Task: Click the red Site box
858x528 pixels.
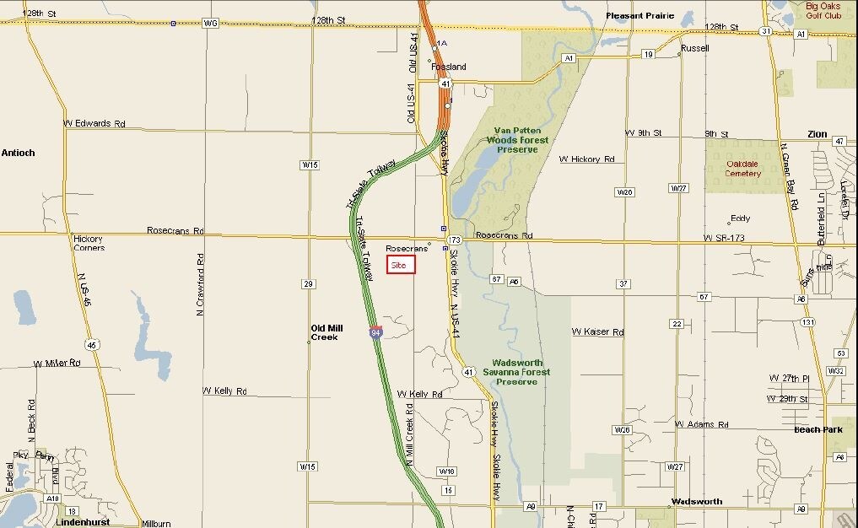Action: tap(401, 265)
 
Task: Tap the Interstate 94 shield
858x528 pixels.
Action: tap(375, 332)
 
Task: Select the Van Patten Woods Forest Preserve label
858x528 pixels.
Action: tap(521, 140)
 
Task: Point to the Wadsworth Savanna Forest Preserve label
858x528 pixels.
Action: tap(516, 372)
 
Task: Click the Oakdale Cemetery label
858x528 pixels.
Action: tap(742, 169)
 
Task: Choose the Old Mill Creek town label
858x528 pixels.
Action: tap(325, 332)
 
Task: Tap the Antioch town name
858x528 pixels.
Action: tap(18, 153)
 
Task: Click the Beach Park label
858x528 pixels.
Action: tap(818, 430)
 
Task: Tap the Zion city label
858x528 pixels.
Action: tap(817, 134)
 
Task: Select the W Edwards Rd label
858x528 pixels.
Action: tap(94, 123)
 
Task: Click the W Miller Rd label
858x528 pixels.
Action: tap(57, 363)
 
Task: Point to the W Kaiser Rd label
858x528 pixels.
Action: tap(597, 332)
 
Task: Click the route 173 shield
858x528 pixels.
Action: tap(454, 240)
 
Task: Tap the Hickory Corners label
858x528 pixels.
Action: tap(89, 243)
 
